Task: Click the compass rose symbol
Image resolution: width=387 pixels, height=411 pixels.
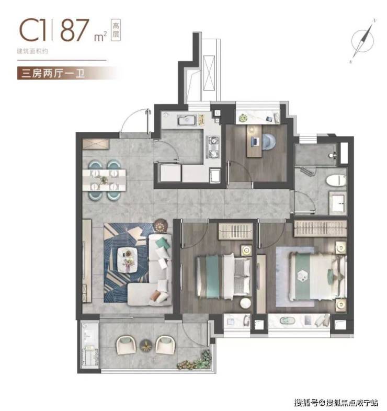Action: [362, 41]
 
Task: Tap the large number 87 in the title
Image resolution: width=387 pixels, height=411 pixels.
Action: [74, 30]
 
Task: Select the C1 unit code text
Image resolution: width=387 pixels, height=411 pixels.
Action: [33, 30]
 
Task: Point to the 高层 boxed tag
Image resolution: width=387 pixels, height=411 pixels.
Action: [116, 30]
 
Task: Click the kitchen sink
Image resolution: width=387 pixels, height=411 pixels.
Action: [187, 120]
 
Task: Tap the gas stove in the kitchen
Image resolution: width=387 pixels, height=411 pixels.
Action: [213, 147]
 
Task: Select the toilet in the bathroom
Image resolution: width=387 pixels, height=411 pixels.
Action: [336, 180]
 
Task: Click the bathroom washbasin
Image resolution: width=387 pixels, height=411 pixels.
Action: [338, 202]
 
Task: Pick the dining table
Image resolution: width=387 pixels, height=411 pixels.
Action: [105, 180]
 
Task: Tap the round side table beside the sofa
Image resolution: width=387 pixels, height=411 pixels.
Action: [161, 225]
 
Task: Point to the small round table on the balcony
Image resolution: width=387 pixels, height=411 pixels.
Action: [145, 345]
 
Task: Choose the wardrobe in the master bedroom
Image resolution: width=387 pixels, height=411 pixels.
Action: [321, 229]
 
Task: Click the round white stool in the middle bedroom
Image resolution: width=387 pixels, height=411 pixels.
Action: [246, 303]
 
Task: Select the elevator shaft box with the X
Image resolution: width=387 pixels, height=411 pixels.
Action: [209, 73]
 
